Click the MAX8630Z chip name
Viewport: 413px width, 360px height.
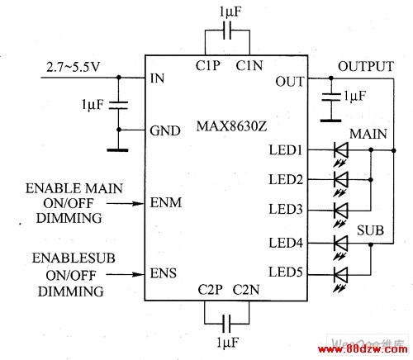click(231, 126)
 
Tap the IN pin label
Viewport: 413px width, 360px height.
click(157, 78)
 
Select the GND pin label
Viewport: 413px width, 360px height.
click(165, 130)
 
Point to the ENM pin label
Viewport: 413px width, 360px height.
click(166, 203)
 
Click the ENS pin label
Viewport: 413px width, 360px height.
click(163, 273)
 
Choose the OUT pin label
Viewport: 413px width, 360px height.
click(290, 82)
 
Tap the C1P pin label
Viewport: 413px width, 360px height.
click(208, 65)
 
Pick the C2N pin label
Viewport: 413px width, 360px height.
click(246, 290)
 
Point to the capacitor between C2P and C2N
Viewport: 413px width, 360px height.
click(227, 324)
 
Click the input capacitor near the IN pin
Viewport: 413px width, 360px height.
click(119, 105)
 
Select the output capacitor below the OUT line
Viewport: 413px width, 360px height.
click(331, 97)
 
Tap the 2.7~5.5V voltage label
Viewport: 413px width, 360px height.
click(73, 67)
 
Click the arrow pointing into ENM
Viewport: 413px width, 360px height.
click(126, 204)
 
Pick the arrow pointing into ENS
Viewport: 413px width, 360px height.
click(126, 274)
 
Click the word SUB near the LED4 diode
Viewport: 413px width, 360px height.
click(370, 230)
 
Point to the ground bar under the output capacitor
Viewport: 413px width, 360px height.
click(331, 121)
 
